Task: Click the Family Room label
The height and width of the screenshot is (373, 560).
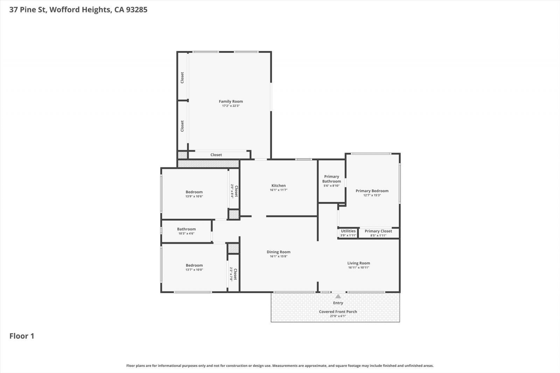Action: click(x=231, y=101)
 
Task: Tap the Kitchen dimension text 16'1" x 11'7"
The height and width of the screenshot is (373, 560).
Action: click(x=279, y=190)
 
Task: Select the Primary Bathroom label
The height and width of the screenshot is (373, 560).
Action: click(x=331, y=179)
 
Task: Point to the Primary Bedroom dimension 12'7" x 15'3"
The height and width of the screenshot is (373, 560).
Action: click(x=372, y=195)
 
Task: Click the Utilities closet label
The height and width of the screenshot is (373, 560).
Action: click(x=348, y=231)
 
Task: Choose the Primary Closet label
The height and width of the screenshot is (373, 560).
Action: click(x=378, y=231)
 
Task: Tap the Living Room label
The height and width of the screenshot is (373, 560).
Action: click(x=358, y=263)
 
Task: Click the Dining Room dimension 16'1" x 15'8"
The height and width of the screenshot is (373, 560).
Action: click(x=279, y=257)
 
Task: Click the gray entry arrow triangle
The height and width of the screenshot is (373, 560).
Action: click(x=338, y=296)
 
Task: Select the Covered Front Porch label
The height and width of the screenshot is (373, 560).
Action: click(x=338, y=311)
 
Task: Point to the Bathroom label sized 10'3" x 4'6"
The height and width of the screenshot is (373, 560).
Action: click(x=186, y=229)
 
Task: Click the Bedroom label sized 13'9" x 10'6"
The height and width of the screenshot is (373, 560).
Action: click(x=194, y=192)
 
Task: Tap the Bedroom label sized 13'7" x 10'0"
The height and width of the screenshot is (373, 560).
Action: click(x=194, y=265)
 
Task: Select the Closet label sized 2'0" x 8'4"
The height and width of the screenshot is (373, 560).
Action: click(x=236, y=191)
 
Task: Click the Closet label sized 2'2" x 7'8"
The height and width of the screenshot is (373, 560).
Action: click(x=236, y=274)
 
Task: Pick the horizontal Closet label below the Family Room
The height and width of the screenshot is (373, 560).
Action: click(x=216, y=155)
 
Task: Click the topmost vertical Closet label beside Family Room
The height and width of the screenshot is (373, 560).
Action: click(x=182, y=78)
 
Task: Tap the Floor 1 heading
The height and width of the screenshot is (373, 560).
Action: click(x=22, y=336)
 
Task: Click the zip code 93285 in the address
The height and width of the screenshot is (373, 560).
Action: click(x=136, y=10)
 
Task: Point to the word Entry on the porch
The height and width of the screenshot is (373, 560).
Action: click(x=338, y=303)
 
